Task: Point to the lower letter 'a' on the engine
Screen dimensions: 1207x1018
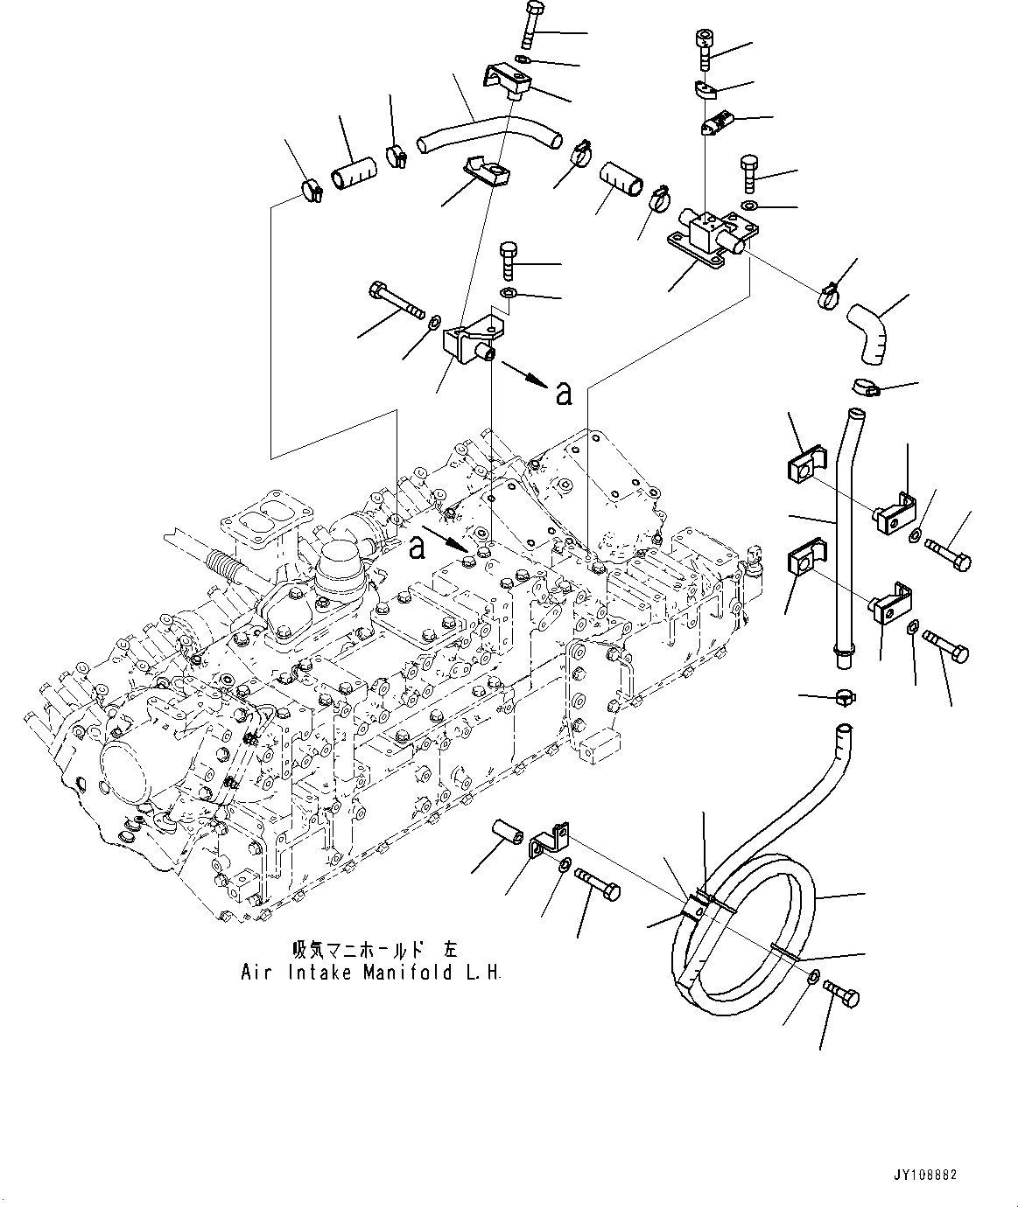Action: [x=418, y=547]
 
